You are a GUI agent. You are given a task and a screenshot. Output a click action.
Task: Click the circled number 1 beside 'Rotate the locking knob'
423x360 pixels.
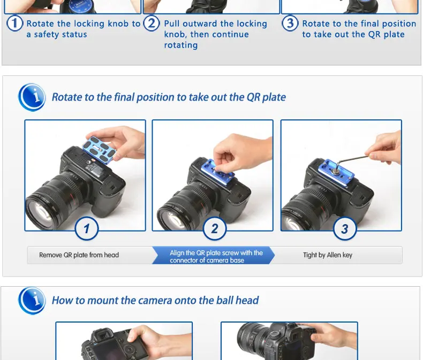[x=14, y=23]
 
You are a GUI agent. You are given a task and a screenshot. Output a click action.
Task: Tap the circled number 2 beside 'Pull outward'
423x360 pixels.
[x=152, y=23]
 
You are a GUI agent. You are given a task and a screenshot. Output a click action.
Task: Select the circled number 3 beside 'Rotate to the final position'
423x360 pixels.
[x=290, y=23]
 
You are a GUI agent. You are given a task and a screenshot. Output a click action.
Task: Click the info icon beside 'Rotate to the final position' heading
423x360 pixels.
[x=32, y=97]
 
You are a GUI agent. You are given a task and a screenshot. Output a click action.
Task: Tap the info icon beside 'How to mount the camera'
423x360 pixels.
[x=32, y=301]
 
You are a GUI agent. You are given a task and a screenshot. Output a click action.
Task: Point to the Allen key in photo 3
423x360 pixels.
[x=351, y=160]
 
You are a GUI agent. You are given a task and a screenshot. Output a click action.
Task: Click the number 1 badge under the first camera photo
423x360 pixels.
[x=87, y=229]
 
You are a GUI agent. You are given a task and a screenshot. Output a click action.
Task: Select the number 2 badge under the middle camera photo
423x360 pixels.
[x=215, y=229]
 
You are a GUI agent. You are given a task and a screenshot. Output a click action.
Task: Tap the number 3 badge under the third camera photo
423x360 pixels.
[x=345, y=229]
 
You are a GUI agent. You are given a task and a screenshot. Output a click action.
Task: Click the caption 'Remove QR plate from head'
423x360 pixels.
[x=79, y=255]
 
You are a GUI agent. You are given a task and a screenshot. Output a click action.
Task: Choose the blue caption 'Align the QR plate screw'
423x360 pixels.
[x=216, y=256]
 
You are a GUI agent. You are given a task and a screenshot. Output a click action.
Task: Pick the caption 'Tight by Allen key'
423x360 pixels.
[x=328, y=255]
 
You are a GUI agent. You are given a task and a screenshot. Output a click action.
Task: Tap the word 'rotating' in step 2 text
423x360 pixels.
[x=181, y=45]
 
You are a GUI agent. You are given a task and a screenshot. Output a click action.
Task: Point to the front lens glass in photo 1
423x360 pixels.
[x=41, y=213]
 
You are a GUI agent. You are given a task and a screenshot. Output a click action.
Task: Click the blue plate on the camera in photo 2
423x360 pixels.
[x=217, y=172]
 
